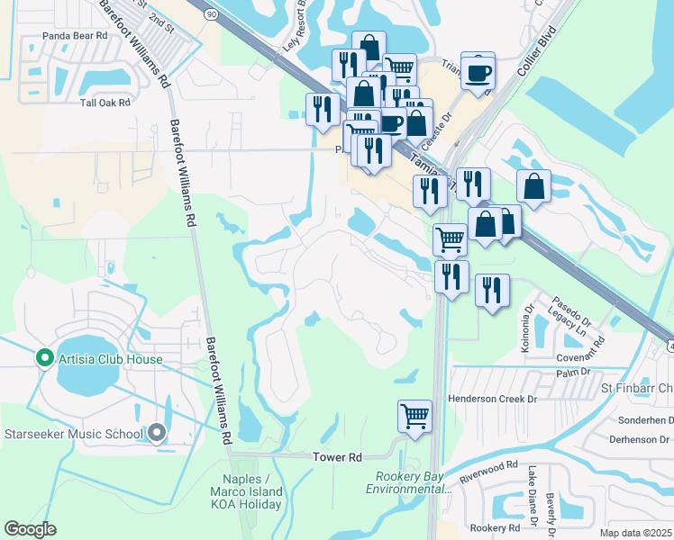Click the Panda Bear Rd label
(75, 36)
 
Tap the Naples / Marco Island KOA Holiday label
(252, 498)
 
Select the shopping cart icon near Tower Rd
(414, 417)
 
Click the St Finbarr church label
(637, 389)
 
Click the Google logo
(30, 529)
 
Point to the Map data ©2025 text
(634, 533)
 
